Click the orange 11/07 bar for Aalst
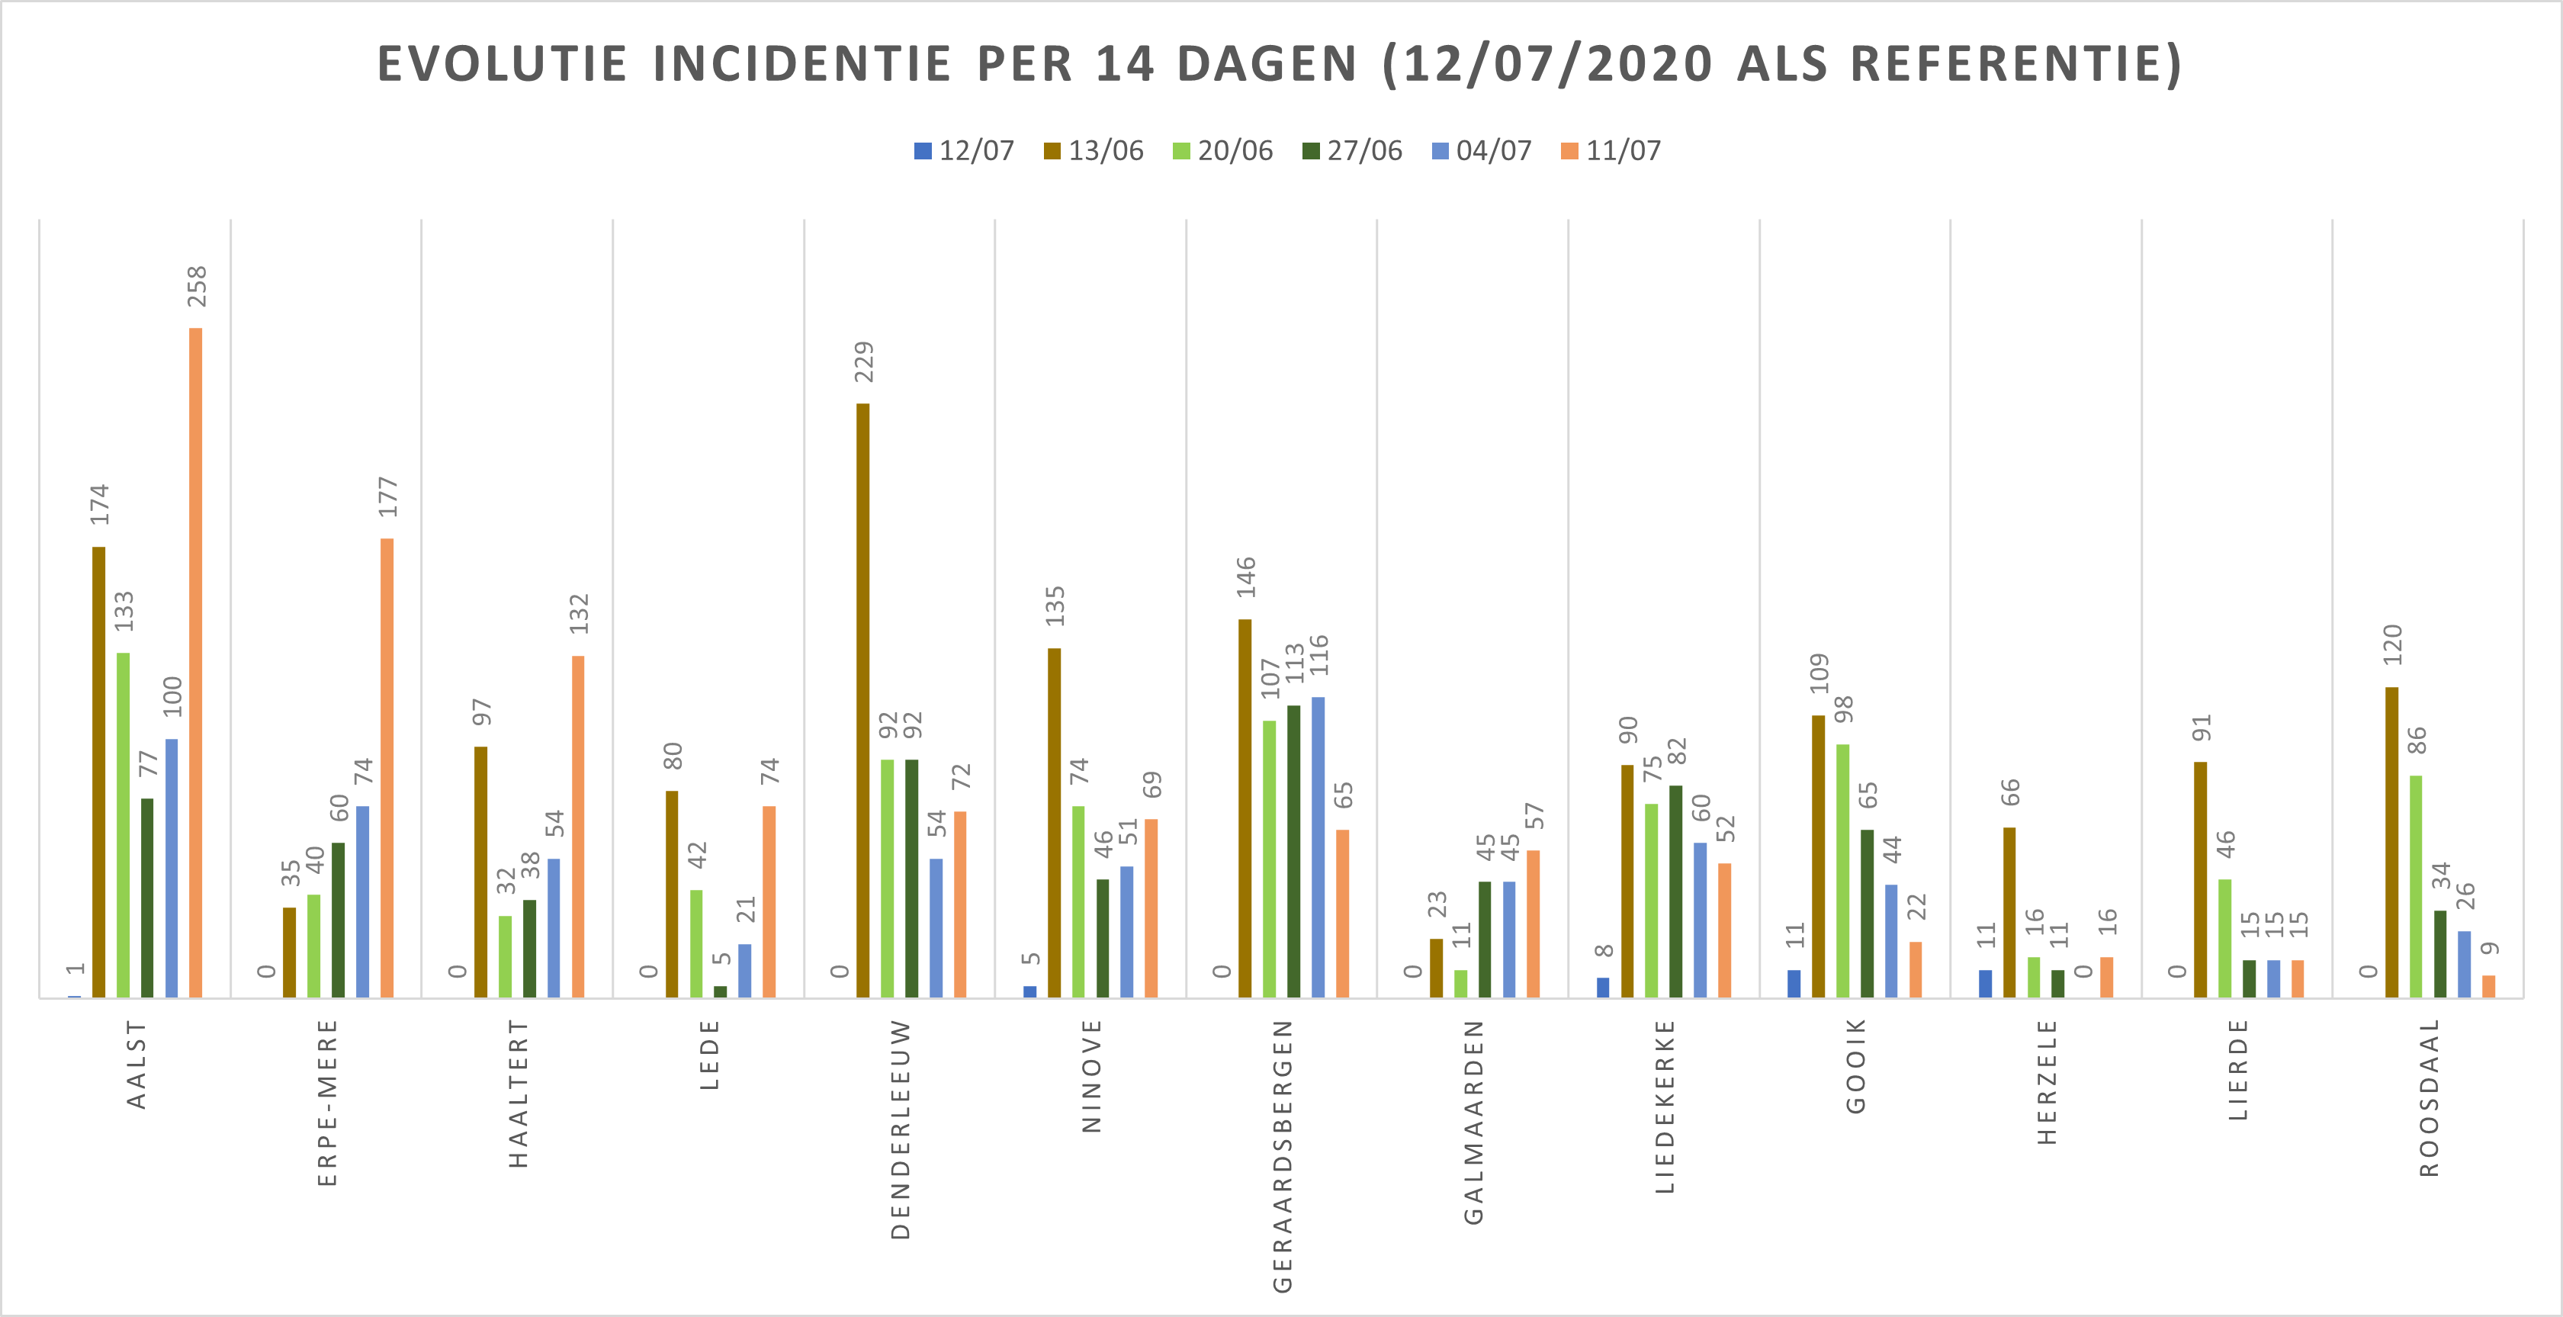coord(196,661)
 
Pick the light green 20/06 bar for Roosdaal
coord(2416,885)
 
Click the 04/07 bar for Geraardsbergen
coord(1318,846)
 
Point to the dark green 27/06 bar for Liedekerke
coord(1675,890)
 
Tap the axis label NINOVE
coord(1091,1075)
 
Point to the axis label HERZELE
coord(2047,1081)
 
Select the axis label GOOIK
coord(1855,1065)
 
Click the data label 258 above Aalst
coord(197,287)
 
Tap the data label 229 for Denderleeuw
coord(864,362)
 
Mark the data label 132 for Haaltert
coord(579,614)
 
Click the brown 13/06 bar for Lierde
coord(2200,879)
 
